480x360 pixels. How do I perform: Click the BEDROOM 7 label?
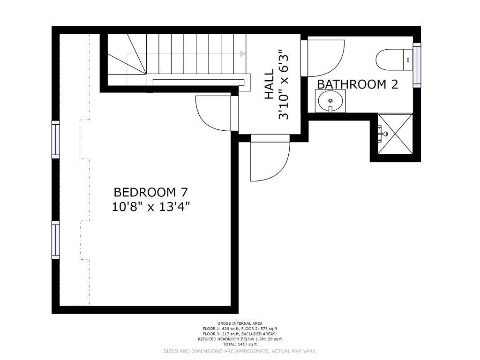coord(150,192)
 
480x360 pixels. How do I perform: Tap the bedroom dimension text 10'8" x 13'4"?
coord(150,207)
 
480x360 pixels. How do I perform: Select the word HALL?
coord(269,84)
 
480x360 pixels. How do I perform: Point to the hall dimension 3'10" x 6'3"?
coord(284,84)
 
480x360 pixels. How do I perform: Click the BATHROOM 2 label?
coord(358,84)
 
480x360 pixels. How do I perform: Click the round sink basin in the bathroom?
coord(330,101)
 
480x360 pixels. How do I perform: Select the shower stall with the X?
coord(395,134)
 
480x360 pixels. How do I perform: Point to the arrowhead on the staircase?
coord(243,54)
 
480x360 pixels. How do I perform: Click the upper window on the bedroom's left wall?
coord(55,140)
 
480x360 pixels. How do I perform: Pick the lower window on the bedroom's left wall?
coord(55,240)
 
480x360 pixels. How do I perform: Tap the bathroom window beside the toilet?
coord(417,65)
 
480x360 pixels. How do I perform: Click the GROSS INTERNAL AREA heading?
coord(240,323)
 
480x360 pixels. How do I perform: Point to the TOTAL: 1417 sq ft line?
coord(240,345)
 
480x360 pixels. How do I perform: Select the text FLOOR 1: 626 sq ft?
coord(221,329)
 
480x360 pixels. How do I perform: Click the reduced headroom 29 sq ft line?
coord(240,339)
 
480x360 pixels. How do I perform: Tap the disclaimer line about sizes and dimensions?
coord(240,351)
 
